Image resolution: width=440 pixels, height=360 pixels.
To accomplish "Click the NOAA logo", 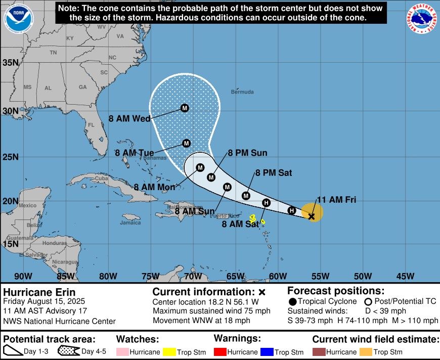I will (18, 19).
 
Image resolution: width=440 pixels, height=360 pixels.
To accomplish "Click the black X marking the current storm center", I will (312, 216).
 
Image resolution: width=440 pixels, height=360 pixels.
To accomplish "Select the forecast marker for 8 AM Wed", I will (185, 108).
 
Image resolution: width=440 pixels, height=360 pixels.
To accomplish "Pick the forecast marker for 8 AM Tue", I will (186, 144).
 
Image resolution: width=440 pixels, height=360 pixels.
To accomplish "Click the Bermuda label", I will (242, 92).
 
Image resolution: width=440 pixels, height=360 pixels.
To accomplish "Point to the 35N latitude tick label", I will (11, 63).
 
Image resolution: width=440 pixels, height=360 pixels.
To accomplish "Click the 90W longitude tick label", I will (23, 276).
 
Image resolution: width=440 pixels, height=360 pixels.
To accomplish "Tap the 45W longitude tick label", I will (406, 276).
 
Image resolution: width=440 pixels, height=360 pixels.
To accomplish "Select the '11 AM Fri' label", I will (336, 200).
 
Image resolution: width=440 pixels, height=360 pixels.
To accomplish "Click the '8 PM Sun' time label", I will (247, 153).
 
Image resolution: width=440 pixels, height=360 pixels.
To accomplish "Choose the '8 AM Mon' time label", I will (154, 187).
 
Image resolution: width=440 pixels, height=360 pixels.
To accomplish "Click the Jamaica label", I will (130, 223).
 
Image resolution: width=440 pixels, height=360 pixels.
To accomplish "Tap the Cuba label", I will (102, 178).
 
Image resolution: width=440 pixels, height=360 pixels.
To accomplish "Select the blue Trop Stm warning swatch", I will (266, 352).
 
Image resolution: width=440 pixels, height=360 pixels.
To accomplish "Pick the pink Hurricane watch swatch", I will (123, 352).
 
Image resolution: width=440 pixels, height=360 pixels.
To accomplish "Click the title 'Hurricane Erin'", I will (39, 292).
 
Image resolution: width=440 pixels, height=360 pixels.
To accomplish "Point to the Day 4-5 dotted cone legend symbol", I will (69, 351).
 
